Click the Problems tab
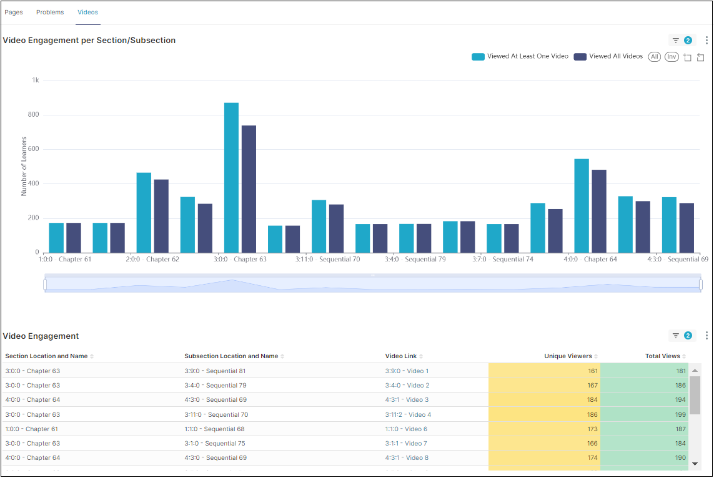pyautogui.click(x=50, y=12)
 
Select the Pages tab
pyautogui.click(x=14, y=12)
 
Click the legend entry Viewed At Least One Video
pyautogui.click(x=520, y=56)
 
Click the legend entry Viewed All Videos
pyautogui.click(x=608, y=56)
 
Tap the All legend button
pyautogui.click(x=655, y=57)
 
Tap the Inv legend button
pyautogui.click(x=672, y=57)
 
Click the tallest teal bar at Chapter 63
pyautogui.click(x=231, y=178)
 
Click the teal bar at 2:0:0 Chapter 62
pyautogui.click(x=144, y=213)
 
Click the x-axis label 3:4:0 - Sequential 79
pyautogui.click(x=415, y=259)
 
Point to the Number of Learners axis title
pyautogui.click(x=24, y=166)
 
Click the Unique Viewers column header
pyautogui.click(x=568, y=356)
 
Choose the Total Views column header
pyautogui.click(x=662, y=356)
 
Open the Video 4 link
pyautogui.click(x=419, y=415)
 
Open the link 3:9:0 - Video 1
pyautogui.click(x=407, y=371)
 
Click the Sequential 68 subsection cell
pyautogui.click(x=214, y=429)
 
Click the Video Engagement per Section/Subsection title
pyautogui.click(x=89, y=41)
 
